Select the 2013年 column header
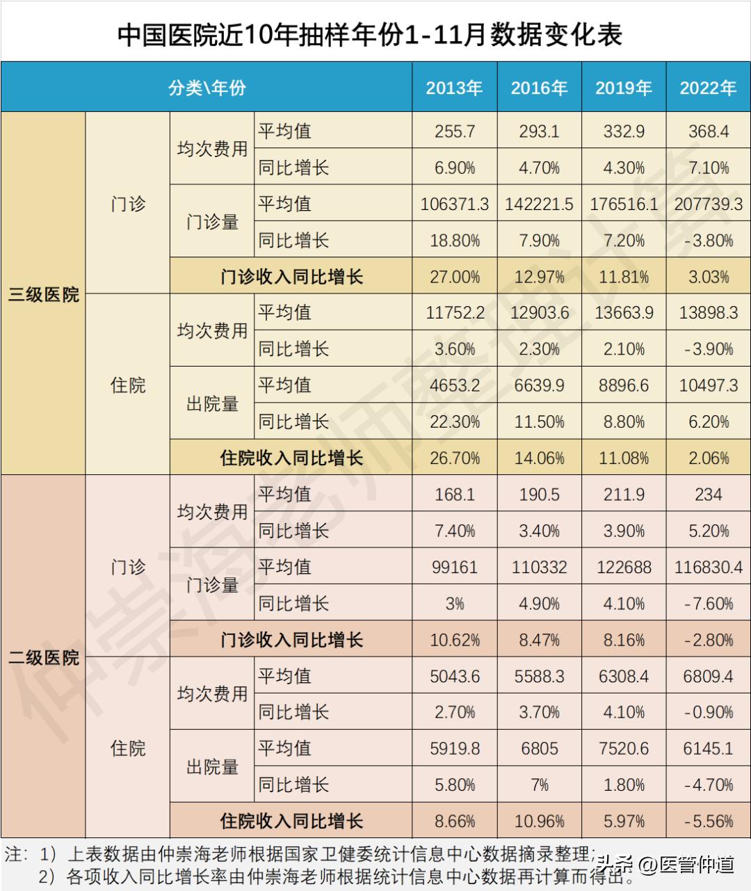(x=454, y=88)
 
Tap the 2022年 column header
(x=708, y=88)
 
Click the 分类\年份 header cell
(x=207, y=88)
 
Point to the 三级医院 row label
(x=43, y=294)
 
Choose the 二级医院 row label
(x=43, y=657)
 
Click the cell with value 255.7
(x=454, y=131)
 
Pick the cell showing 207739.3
(x=708, y=204)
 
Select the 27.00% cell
(x=454, y=277)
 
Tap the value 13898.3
(x=708, y=313)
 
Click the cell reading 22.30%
(x=454, y=422)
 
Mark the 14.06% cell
(x=539, y=458)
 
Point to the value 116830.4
(x=708, y=567)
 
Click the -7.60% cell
(x=708, y=603)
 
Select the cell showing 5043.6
(x=454, y=676)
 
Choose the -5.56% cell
(x=708, y=821)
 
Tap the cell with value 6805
(x=539, y=748)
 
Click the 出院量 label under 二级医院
(x=212, y=766)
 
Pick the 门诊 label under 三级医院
(x=128, y=204)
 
